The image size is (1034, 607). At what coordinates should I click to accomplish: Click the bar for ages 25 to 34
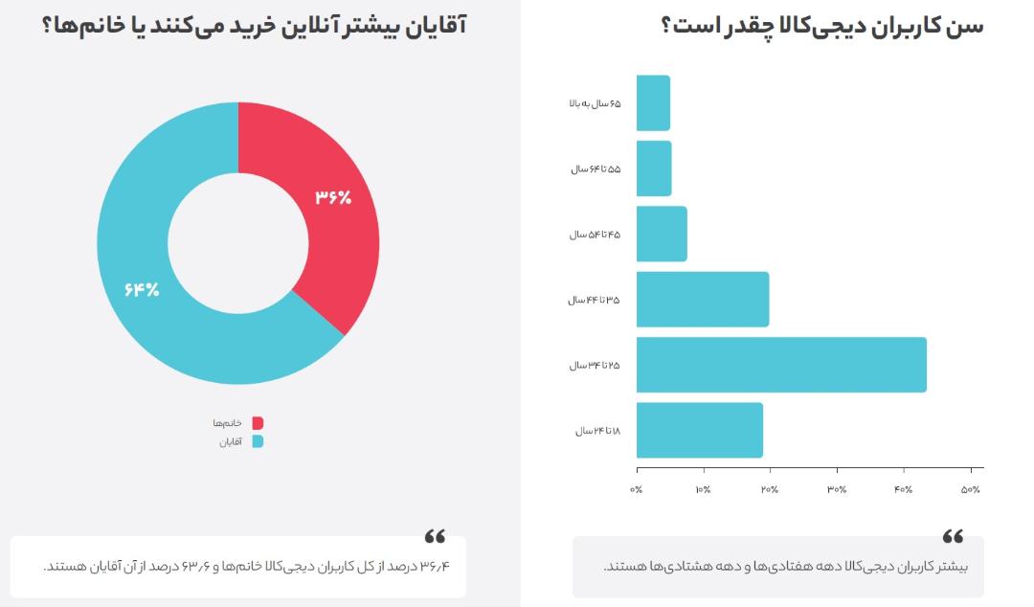tap(781, 365)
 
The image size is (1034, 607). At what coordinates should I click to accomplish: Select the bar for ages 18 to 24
tap(700, 430)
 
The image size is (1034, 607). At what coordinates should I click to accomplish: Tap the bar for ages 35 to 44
tap(703, 300)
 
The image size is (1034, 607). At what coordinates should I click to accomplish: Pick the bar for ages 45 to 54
tap(662, 235)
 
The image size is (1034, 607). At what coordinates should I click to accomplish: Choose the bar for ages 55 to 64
tap(654, 169)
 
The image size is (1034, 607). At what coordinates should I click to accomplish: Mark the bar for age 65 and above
tap(654, 103)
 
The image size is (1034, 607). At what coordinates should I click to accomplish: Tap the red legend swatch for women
tap(258, 423)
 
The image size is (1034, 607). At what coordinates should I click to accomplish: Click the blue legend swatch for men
tap(258, 441)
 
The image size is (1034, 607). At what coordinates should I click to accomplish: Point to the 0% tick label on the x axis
tap(637, 489)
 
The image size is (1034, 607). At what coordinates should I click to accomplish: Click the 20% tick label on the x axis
tap(770, 489)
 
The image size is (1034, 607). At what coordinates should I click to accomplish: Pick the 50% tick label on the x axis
tap(971, 489)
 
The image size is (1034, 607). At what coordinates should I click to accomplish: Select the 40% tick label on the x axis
tap(904, 489)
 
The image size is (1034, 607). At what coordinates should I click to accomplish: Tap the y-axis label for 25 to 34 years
tap(595, 366)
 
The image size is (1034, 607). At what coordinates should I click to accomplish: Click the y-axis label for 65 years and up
tap(595, 103)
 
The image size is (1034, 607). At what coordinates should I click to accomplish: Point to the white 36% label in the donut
tap(333, 196)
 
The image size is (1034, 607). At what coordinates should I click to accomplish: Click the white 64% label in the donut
tap(142, 289)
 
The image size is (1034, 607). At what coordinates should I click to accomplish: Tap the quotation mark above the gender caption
tap(435, 536)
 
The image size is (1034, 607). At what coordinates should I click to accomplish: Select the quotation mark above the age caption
tap(953, 536)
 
